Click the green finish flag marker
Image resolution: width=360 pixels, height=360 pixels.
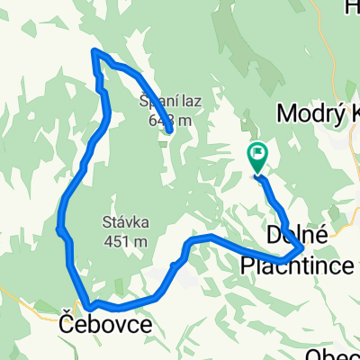click(257, 157)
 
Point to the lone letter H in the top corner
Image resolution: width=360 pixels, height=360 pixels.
click(351, 8)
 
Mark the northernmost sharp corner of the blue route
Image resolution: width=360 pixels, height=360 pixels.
click(94, 52)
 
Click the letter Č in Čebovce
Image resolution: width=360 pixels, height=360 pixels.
click(67, 322)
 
